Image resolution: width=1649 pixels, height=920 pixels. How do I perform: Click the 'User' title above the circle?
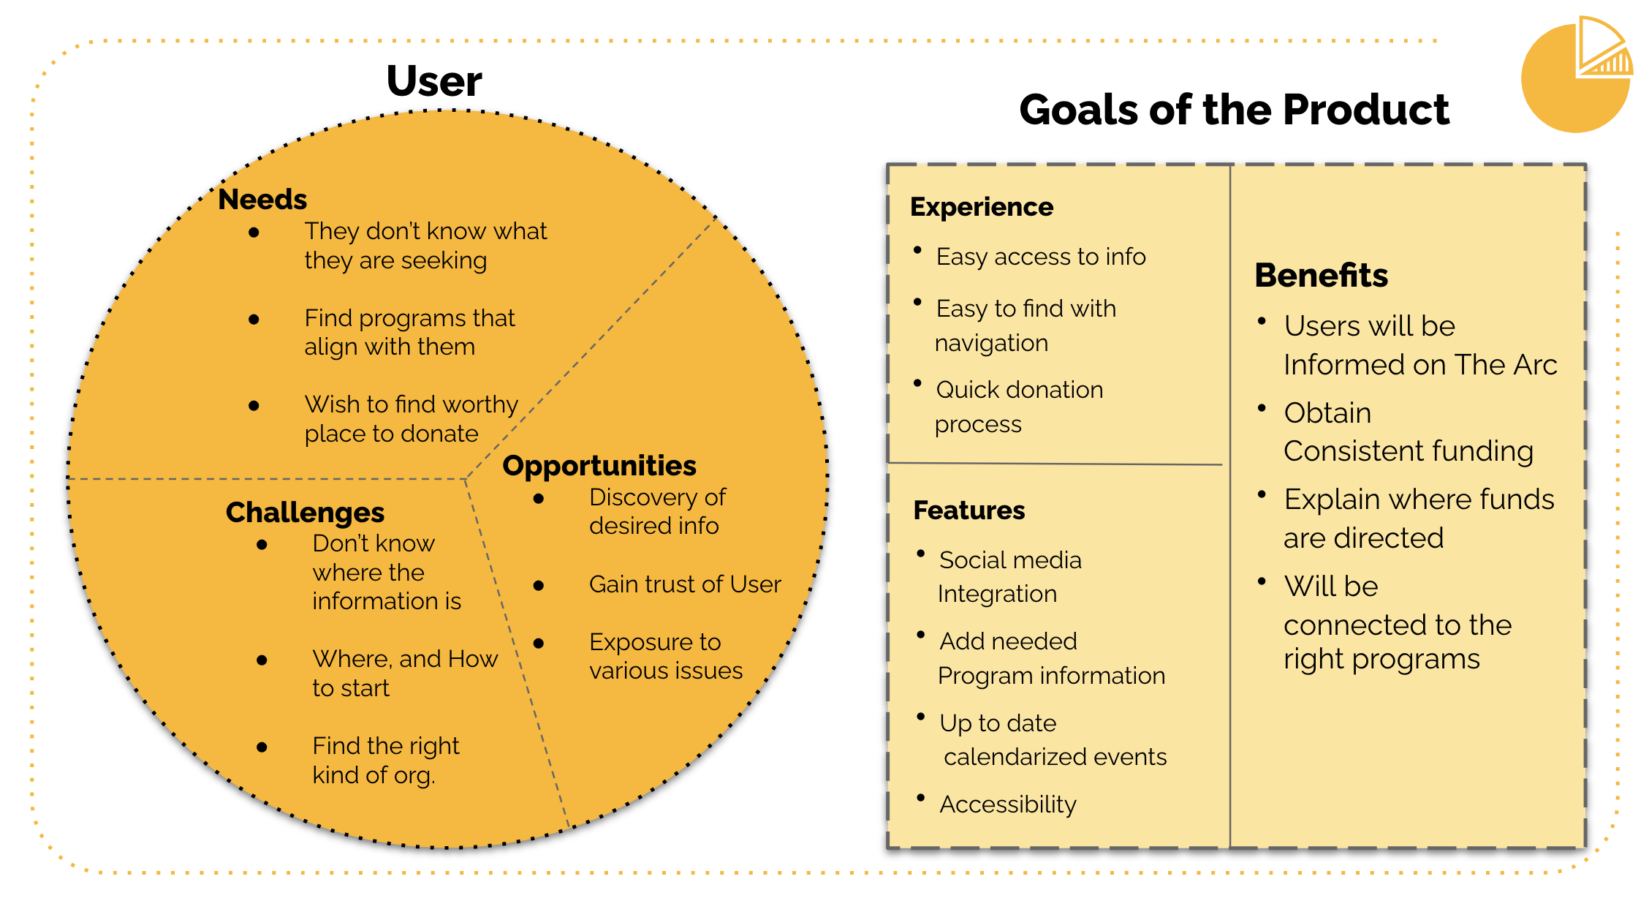coord(434,81)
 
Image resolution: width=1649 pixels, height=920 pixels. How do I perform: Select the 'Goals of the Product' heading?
coord(1234,110)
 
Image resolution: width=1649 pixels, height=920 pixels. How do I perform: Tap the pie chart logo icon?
coord(1577,75)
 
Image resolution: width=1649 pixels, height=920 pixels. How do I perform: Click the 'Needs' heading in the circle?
coord(262,199)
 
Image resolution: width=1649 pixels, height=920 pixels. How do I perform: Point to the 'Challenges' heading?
coord(305,513)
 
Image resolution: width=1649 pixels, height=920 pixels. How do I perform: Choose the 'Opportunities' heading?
coord(599,466)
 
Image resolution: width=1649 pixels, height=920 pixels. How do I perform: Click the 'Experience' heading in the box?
coord(982,207)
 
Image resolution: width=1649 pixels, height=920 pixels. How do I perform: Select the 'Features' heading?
coord(969,510)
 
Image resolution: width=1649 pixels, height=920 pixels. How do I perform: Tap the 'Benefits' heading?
coord(1321,276)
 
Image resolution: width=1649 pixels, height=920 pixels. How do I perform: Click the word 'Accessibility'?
coord(1008,804)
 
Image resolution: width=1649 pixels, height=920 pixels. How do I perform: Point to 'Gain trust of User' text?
coord(685,584)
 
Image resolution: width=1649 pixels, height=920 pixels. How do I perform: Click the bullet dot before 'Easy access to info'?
coord(917,250)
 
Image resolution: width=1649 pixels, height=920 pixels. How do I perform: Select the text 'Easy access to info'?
coord(1041,257)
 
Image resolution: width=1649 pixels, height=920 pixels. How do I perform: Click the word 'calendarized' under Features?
coord(1006,757)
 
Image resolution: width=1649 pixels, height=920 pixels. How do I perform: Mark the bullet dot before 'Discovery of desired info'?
coord(539,499)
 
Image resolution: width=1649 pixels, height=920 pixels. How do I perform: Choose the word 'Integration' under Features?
coord(997,594)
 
